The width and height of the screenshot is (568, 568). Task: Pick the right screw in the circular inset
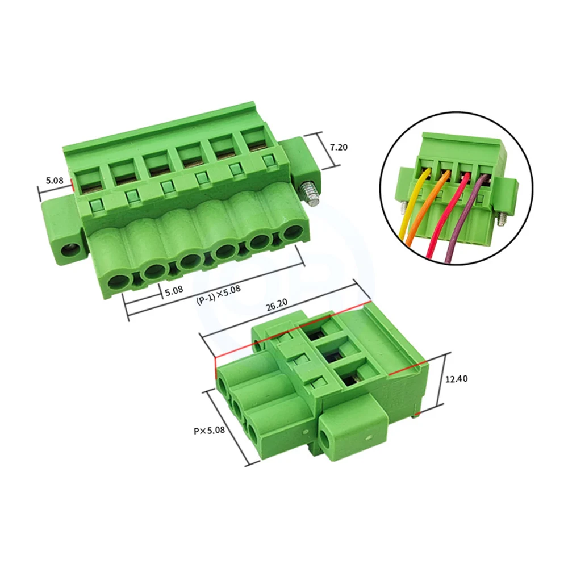pos(501,218)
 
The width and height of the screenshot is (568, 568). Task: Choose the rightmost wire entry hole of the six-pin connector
pos(293,232)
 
